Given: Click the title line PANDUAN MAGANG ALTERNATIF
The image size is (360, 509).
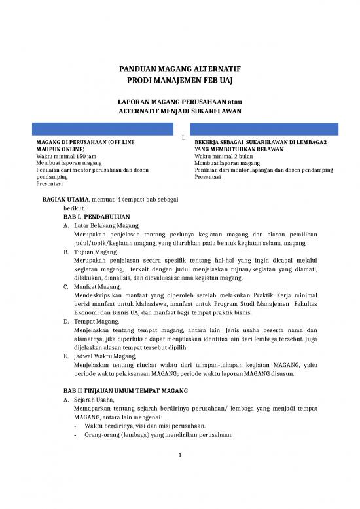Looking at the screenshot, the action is [179, 68].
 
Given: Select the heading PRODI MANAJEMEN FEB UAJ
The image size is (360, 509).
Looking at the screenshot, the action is [179, 80].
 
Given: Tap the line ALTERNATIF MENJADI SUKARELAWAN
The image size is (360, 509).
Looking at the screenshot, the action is [179, 111].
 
